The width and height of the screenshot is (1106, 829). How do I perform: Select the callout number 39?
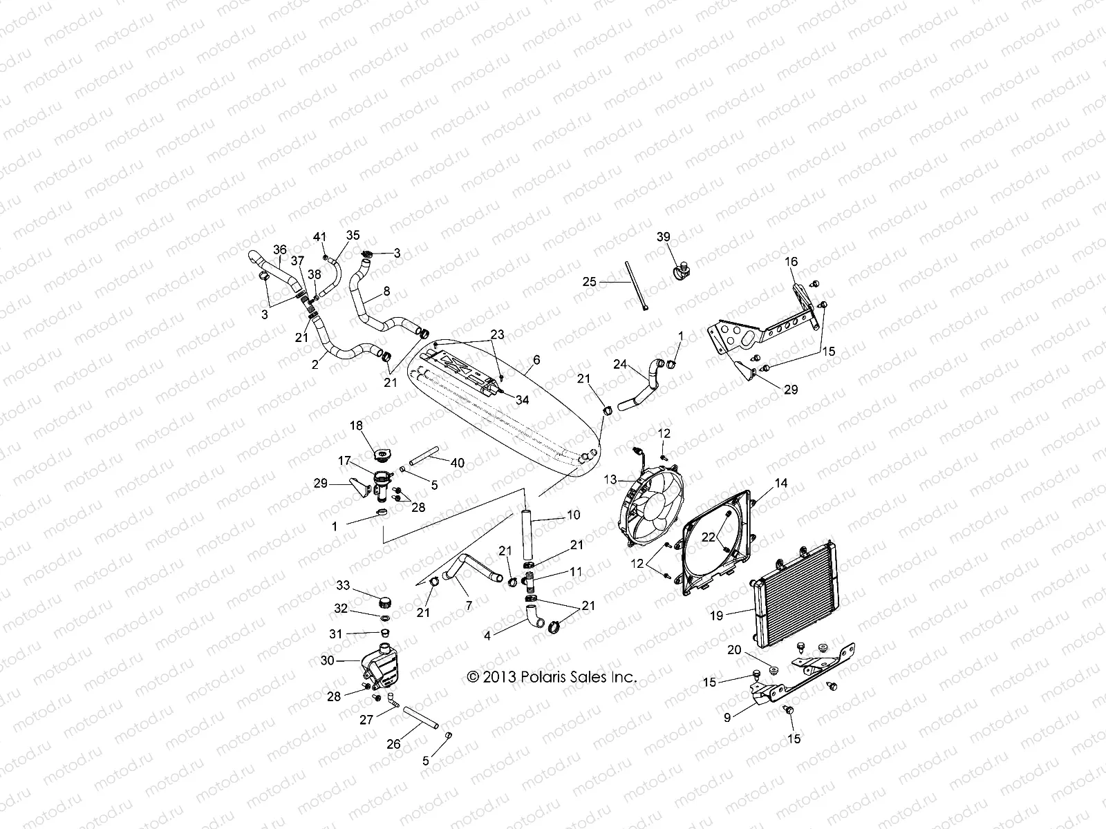point(664,238)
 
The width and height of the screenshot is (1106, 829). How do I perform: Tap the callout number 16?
point(791,262)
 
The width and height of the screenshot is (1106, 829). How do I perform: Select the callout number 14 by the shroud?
point(780,484)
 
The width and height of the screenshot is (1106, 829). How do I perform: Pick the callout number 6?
point(536,360)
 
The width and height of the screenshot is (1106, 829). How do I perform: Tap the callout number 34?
point(522,400)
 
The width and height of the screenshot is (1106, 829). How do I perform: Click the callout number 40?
point(458,463)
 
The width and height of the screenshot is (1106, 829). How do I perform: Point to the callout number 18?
point(356,426)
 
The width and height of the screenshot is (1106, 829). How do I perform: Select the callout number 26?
point(393,745)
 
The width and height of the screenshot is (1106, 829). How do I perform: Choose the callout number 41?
point(319,238)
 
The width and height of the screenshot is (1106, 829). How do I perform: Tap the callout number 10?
point(574,515)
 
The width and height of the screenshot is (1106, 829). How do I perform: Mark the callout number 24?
point(619,364)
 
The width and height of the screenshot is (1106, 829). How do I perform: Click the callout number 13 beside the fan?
point(610,479)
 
